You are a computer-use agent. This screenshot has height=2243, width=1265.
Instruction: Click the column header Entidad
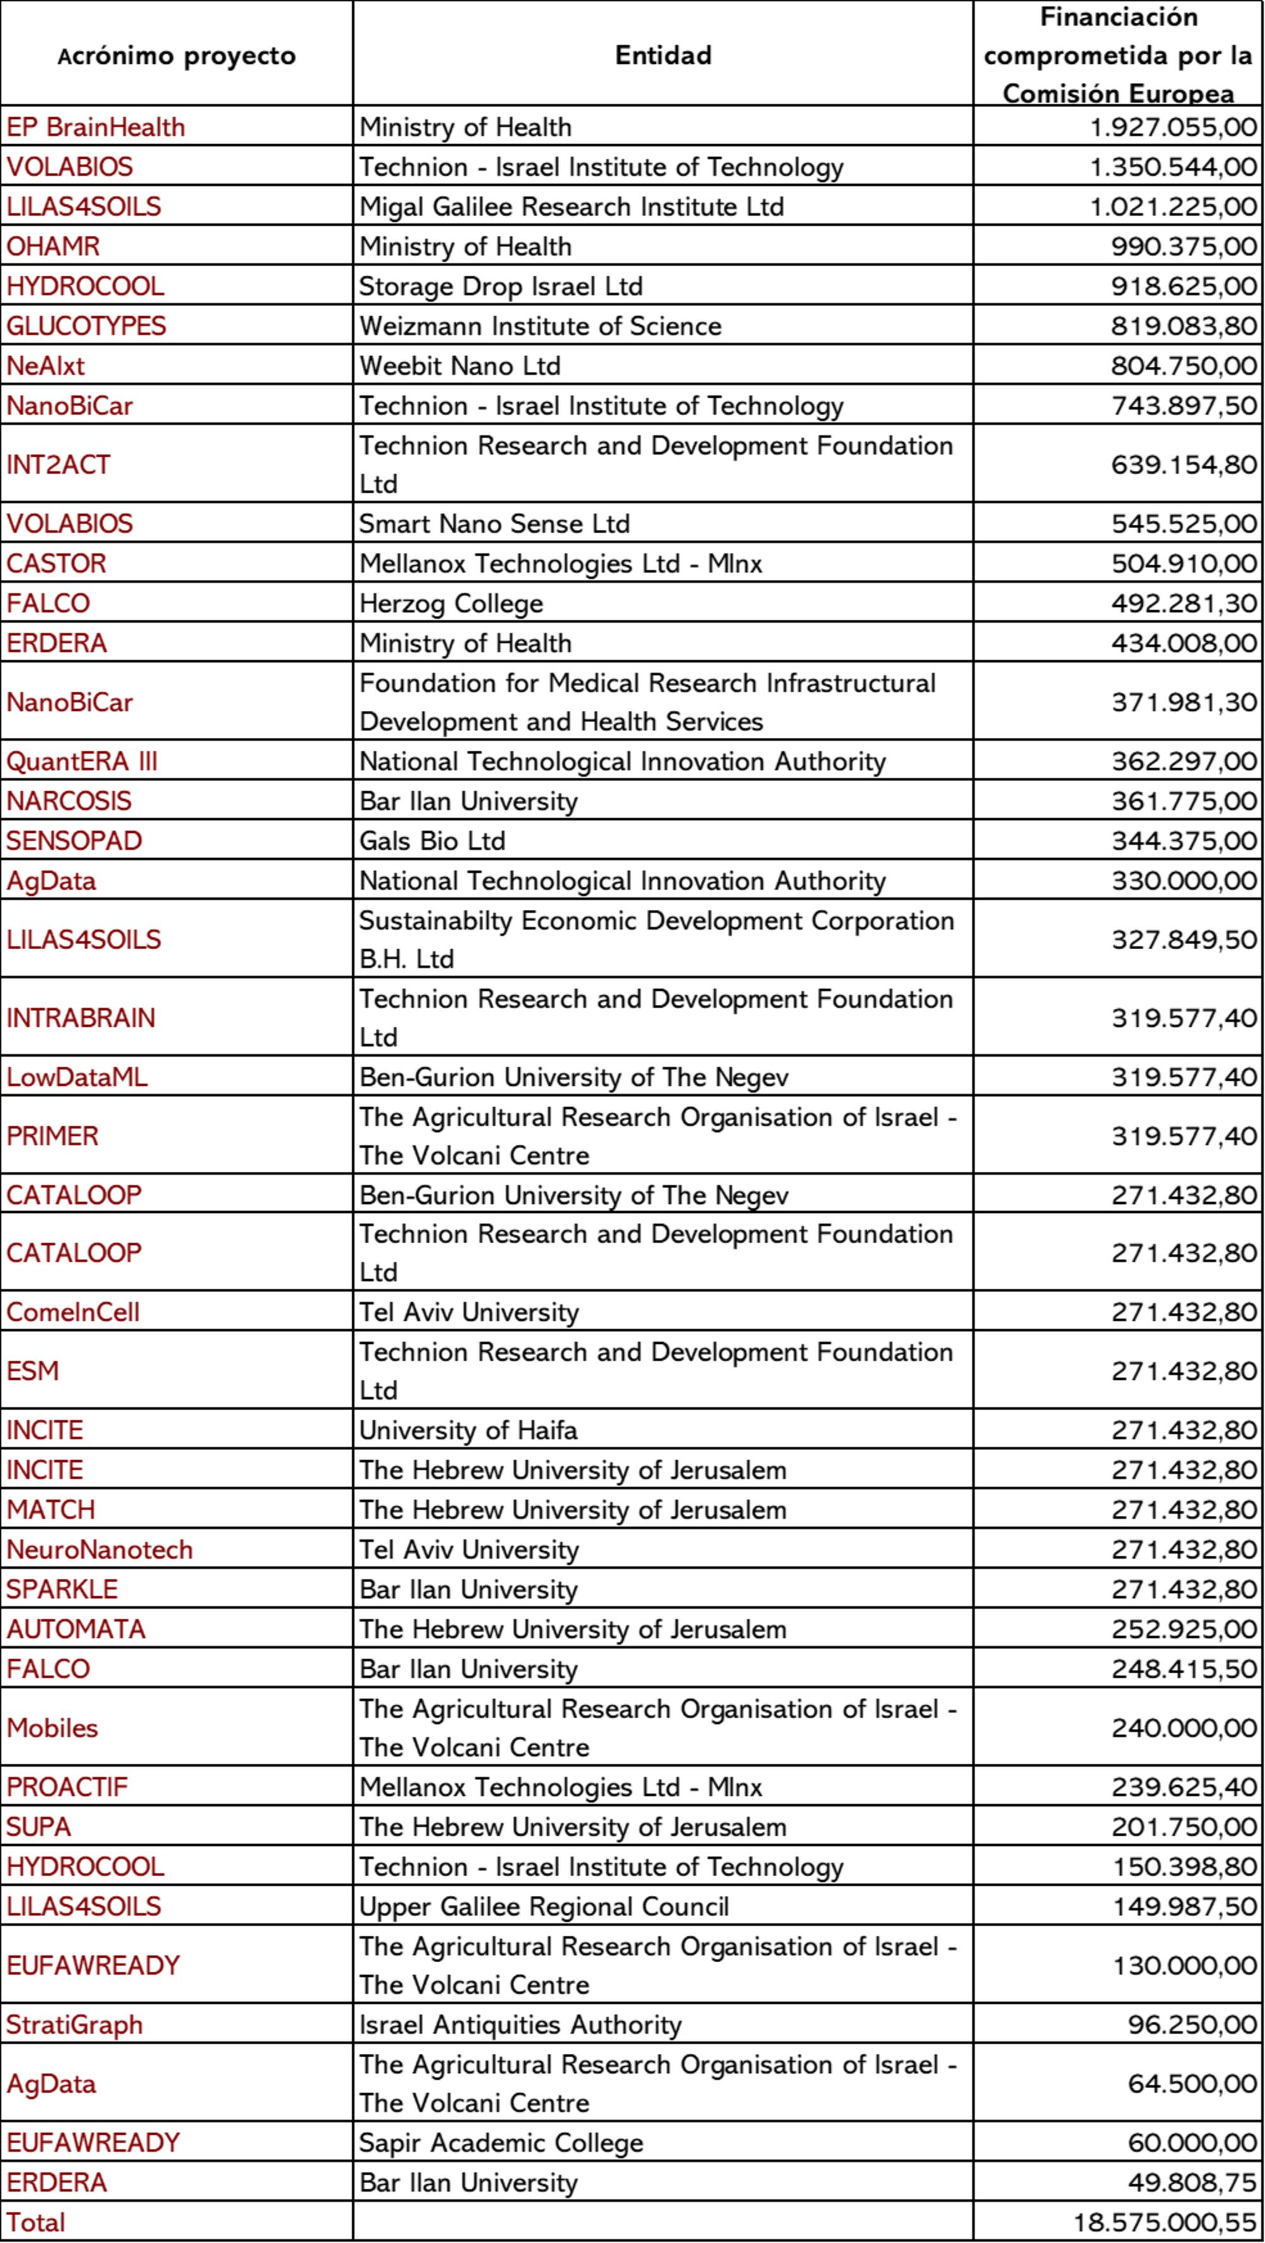coord(663,55)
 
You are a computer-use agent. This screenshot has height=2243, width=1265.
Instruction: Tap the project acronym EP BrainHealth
coord(96,127)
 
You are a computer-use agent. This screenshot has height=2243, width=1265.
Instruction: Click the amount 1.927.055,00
coord(1173,127)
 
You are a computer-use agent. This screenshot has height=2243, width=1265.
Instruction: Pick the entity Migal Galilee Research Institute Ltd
coord(572,206)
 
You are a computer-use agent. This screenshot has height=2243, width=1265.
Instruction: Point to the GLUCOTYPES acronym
coord(86,326)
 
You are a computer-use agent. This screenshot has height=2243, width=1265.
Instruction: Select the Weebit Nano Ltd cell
coord(460,366)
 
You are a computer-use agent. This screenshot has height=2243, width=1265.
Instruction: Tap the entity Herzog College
coord(451,603)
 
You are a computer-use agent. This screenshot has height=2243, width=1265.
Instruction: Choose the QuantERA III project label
coord(82,761)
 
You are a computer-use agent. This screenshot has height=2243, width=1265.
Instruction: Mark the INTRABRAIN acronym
coord(81,1017)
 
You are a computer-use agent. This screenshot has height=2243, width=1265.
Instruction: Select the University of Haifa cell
coord(469,1430)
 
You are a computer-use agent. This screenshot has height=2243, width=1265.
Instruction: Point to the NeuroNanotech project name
coord(99,1549)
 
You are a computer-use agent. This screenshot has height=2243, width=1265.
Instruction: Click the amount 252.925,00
coord(1183,1628)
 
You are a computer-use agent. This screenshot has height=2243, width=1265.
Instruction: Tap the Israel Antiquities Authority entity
coord(520,2024)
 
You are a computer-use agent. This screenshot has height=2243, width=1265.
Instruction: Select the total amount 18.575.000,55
coord(1165,2222)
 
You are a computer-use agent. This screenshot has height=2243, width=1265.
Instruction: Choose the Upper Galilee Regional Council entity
coord(544,1906)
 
